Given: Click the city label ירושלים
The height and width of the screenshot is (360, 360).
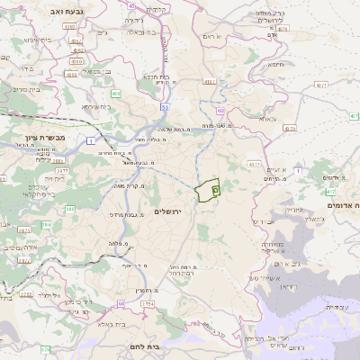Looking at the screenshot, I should click(168, 211).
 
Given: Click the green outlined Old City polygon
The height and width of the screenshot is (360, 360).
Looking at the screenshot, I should click(208, 191).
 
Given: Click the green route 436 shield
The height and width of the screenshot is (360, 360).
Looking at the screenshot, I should click(116, 93).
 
